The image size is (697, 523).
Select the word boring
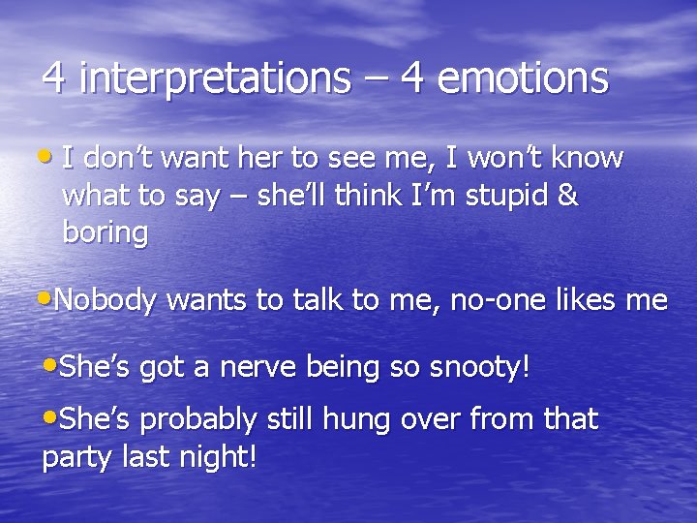pyautogui.click(x=105, y=233)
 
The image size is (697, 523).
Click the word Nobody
pyautogui.click(x=106, y=301)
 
